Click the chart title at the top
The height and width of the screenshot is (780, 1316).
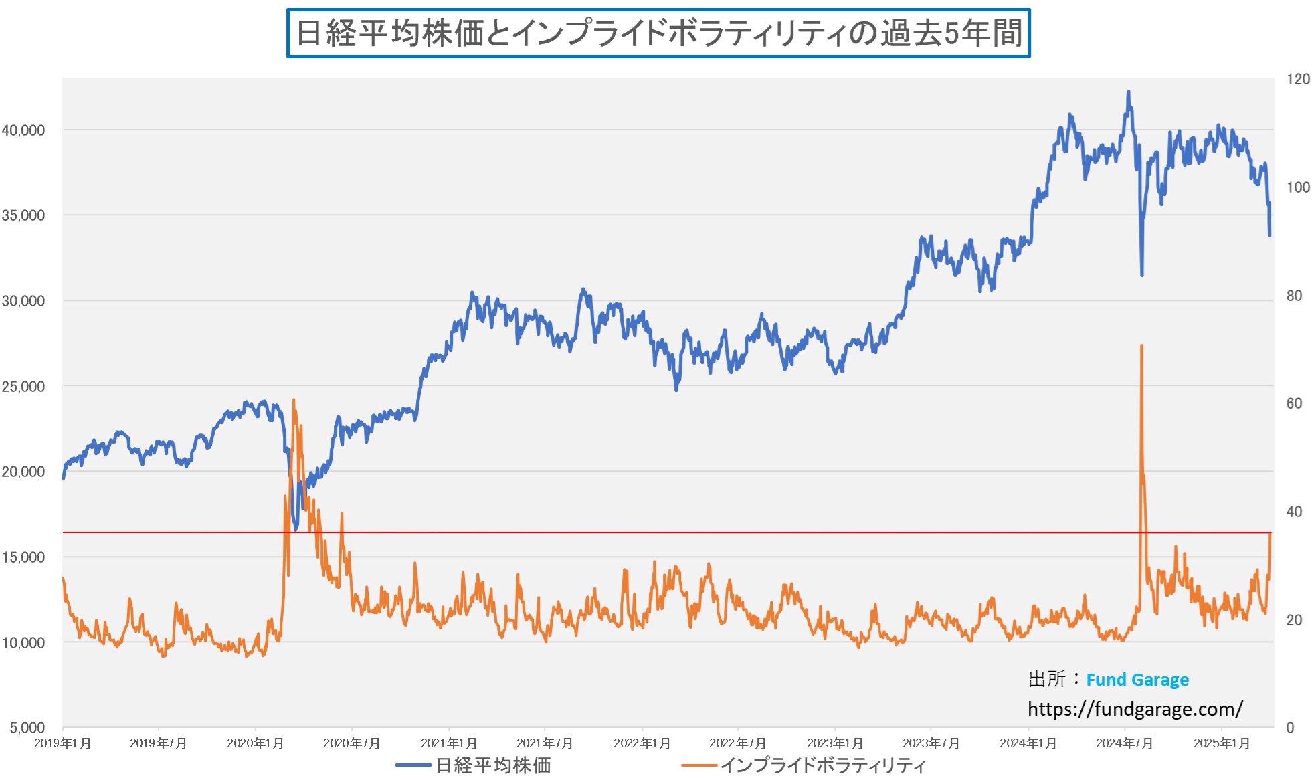click(658, 33)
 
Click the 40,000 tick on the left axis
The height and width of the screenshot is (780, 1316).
click(23, 130)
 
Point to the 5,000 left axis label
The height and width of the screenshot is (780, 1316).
click(27, 727)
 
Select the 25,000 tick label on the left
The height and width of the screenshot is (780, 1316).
click(23, 387)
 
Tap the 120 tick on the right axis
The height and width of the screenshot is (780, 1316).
click(1298, 79)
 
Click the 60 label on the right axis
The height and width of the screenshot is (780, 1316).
click(1294, 403)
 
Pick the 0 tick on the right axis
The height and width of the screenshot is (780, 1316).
click(1290, 728)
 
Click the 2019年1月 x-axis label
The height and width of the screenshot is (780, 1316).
click(63, 743)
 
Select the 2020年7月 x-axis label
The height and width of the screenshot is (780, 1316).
click(352, 743)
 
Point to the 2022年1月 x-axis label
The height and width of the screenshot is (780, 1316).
click(642, 743)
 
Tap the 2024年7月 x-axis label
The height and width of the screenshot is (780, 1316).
click(1124, 743)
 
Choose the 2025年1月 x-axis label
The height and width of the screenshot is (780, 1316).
click(1222, 743)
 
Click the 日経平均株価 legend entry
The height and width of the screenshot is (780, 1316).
click(493, 765)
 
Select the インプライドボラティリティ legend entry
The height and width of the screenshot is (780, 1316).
click(822, 765)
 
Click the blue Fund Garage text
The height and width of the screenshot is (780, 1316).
click(1137, 680)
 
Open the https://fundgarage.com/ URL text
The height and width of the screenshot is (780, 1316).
click(1135, 709)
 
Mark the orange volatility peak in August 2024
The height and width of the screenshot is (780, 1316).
click(1141, 346)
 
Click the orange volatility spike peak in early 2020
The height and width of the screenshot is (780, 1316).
click(294, 401)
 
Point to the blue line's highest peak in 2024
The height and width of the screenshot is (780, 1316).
click(1129, 92)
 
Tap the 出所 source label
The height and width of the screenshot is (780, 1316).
click(1047, 679)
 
